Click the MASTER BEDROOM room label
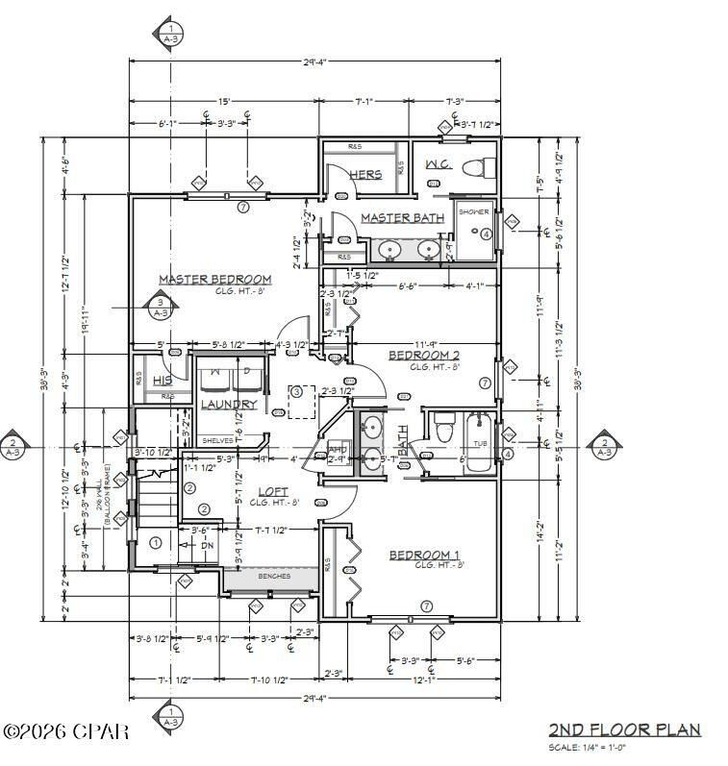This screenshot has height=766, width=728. point(214,280)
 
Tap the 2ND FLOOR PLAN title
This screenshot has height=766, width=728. point(624,729)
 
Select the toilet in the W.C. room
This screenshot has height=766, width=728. point(472,169)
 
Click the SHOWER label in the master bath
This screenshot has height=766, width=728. point(473,211)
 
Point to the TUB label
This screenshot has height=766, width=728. point(480,443)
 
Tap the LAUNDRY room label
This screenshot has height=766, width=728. point(229,405)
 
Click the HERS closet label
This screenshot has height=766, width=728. point(365,174)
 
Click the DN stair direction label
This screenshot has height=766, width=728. point(207,545)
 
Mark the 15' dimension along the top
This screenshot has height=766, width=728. point(223,101)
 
